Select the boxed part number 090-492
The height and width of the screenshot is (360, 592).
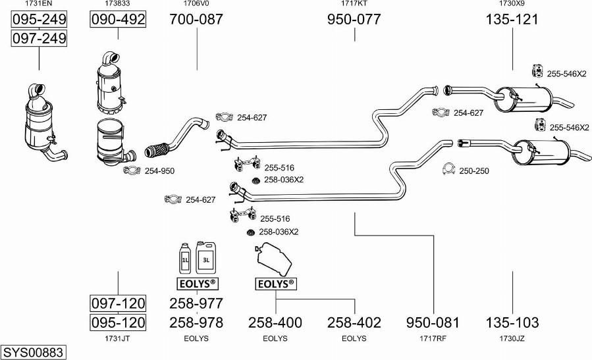tap(117, 20)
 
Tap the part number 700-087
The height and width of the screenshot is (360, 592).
tap(196, 20)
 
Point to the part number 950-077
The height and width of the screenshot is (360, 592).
tap(354, 20)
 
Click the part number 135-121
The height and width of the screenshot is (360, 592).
tap(512, 20)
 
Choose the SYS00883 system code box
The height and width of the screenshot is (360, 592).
tap(33, 353)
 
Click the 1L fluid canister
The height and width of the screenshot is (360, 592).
tap(185, 259)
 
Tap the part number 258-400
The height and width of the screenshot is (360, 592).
tap(275, 322)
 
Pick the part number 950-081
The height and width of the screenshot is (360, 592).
tap(433, 322)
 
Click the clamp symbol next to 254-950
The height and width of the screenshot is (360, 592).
tap(132, 171)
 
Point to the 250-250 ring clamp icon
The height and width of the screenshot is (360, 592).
tap(449, 170)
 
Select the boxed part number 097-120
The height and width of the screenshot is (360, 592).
tap(118, 303)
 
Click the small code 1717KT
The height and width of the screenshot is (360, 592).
tap(354, 4)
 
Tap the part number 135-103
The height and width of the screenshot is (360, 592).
tap(512, 322)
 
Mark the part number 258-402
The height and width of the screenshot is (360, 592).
tap(354, 322)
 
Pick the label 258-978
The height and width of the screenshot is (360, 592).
tap(196, 322)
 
